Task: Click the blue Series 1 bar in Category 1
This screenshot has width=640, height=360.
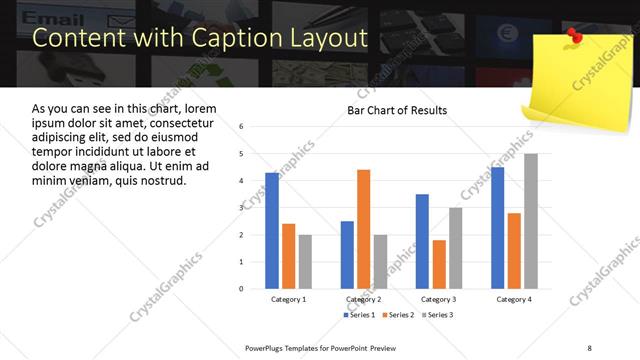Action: [272, 230]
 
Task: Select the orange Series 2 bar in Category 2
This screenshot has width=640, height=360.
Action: [363, 229]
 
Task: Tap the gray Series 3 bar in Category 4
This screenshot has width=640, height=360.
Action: [531, 221]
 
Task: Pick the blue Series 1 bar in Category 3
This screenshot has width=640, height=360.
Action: [422, 241]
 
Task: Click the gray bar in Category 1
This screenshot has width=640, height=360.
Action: [305, 261]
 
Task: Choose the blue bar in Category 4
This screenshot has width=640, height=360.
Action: [498, 227]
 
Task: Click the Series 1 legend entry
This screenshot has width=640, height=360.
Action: [361, 315]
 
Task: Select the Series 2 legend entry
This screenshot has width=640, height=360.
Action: [397, 315]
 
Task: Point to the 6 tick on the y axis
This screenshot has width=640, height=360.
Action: [242, 127]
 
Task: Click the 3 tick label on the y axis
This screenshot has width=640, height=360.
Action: [242, 208]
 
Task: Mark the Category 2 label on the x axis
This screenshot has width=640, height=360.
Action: [364, 299]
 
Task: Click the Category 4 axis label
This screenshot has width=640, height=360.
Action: [514, 299]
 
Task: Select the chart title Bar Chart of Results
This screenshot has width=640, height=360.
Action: [397, 110]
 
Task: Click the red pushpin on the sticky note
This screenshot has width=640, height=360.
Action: [574, 36]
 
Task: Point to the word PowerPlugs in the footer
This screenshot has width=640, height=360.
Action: [265, 347]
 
